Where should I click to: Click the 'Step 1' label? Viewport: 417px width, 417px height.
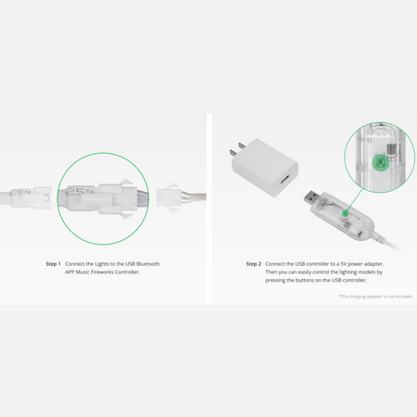53,264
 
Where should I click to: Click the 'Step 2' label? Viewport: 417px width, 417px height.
253,264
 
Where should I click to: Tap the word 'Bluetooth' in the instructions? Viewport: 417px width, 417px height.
148,264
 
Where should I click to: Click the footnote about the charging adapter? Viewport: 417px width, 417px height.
375,297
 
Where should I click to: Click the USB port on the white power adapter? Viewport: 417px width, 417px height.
284,183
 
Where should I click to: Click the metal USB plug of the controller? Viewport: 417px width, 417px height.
311,199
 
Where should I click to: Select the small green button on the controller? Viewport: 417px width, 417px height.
347,212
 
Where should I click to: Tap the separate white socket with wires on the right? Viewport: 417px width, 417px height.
181,196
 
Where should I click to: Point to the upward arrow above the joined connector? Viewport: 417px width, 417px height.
127,182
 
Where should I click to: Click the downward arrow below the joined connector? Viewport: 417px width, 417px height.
127,216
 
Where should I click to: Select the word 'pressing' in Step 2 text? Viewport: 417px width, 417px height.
275,280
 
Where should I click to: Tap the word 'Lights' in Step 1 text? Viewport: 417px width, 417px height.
102,264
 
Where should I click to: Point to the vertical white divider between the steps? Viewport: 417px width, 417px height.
209,208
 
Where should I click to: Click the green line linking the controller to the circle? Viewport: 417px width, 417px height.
355,200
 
